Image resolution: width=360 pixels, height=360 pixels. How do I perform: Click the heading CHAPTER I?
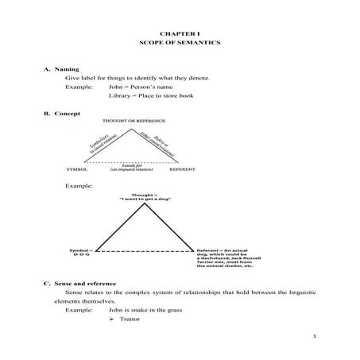[x=180, y=31]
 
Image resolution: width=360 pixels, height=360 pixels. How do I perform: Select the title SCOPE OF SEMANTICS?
[x=180, y=42]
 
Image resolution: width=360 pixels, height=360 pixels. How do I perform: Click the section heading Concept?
[x=69, y=114]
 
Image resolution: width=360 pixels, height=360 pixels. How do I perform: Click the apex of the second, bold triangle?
[x=144, y=204]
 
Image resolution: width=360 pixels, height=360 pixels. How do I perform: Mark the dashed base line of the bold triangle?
[x=143, y=249]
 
